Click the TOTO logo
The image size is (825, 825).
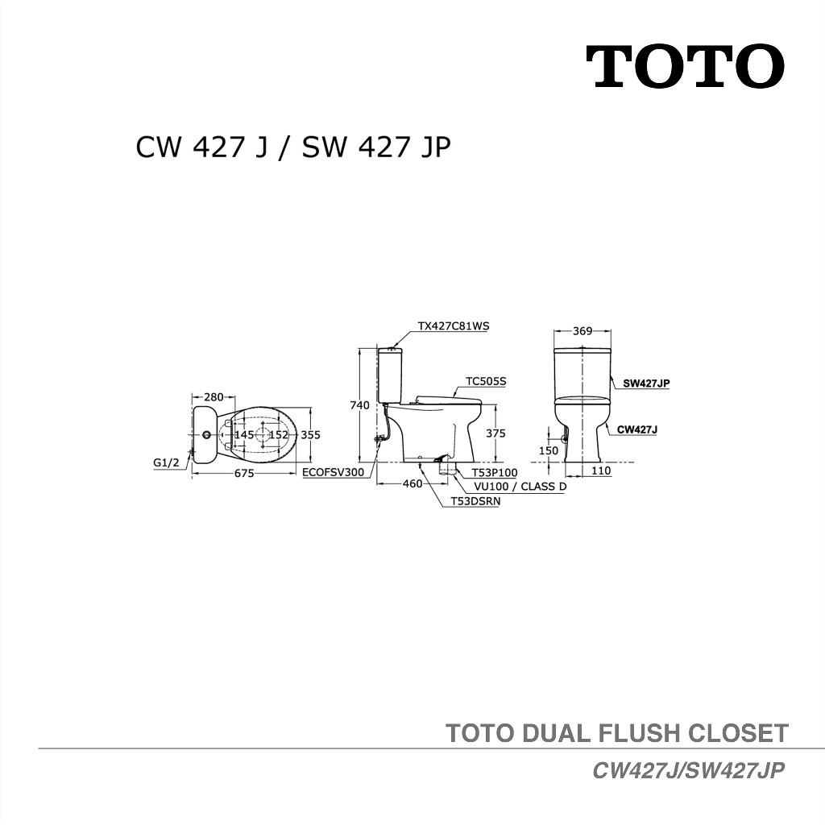[685, 67]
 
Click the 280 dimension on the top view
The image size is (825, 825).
[214, 397]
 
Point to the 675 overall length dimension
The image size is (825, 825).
[244, 474]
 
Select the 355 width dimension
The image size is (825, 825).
[311, 435]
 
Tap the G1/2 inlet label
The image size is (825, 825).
[166, 463]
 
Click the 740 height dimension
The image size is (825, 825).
[359, 405]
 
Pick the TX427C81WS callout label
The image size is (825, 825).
[454, 326]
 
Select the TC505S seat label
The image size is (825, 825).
[486, 382]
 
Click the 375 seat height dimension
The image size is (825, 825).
[496, 433]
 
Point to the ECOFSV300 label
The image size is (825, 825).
[334, 473]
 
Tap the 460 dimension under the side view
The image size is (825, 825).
[412, 484]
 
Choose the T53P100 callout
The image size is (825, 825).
[495, 473]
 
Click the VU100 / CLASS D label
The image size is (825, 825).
[520, 487]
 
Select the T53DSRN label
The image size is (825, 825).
[475, 501]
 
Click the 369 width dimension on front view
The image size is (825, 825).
[582, 331]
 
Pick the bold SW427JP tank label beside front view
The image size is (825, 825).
[646, 383]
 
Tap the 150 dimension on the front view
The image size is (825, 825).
[549, 451]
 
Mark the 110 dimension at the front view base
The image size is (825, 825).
[601, 471]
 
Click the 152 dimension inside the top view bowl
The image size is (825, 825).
[279, 435]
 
